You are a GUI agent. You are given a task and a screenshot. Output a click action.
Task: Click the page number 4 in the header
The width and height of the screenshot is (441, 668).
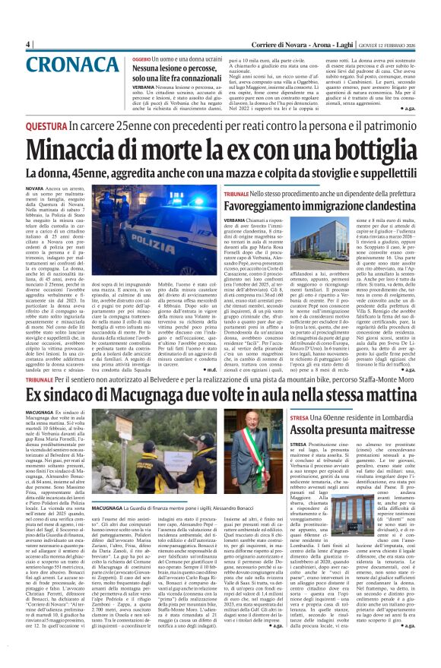[x=28, y=44]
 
